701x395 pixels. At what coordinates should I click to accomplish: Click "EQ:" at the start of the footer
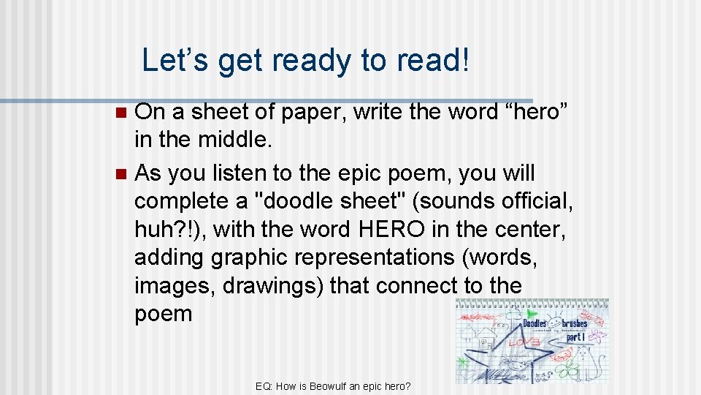pos(265,385)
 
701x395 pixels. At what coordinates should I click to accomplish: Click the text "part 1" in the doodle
pos(575,337)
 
